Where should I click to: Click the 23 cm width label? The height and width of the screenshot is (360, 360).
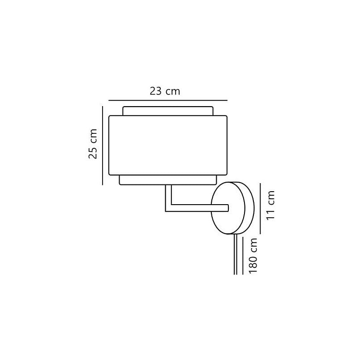click(165, 91)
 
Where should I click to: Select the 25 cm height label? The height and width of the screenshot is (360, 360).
click(93, 144)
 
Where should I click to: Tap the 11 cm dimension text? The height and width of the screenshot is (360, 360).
click(270, 205)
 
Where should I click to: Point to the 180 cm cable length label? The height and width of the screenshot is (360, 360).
click(253, 256)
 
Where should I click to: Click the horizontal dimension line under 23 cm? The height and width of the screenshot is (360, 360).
click(168, 100)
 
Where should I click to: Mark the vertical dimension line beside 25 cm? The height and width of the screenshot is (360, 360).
click(103, 146)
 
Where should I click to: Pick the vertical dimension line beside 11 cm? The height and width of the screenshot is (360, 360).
click(260, 208)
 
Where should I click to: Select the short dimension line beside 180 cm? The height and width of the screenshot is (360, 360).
click(243, 256)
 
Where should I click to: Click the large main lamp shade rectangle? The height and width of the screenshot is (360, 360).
click(168, 146)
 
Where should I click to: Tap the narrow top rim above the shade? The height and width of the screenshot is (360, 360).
click(168, 111)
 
